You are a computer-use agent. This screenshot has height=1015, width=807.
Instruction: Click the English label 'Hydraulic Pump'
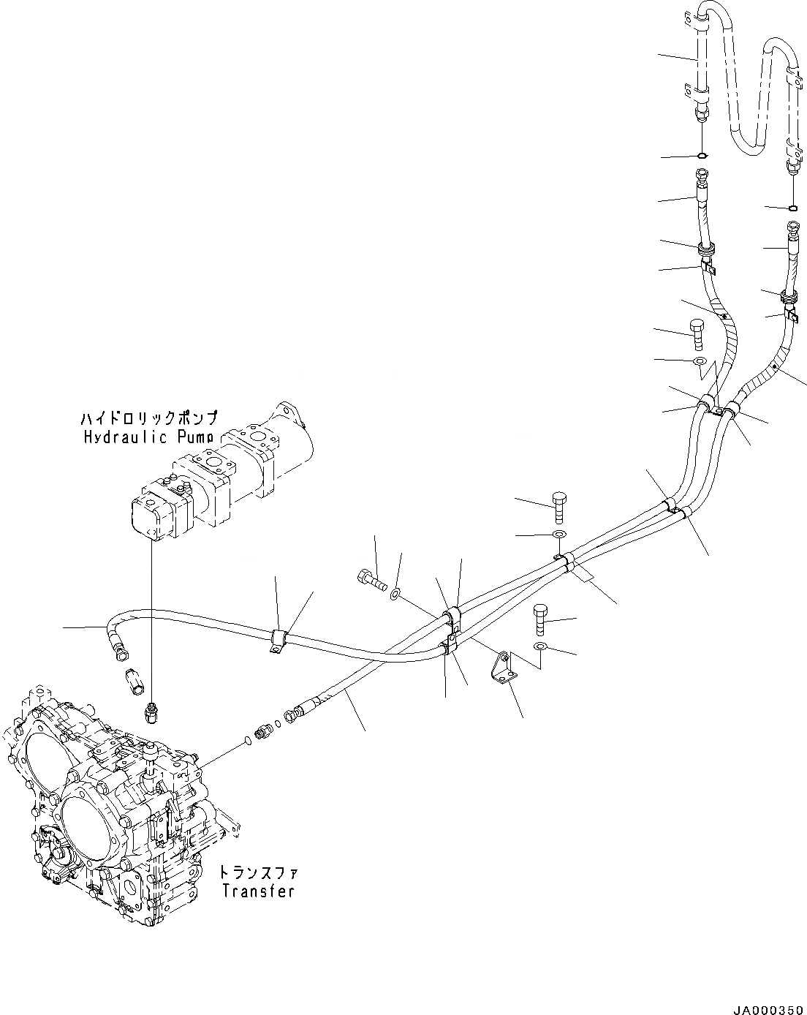[149, 437]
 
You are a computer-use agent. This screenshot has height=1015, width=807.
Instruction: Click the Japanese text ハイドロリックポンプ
[149, 419]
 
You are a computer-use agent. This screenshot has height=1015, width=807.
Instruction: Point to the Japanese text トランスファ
[258, 873]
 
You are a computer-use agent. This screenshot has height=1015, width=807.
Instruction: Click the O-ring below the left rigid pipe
[702, 155]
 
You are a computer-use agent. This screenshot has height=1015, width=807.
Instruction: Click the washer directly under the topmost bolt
[698, 361]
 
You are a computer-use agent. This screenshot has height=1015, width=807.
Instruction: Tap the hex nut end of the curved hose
[120, 646]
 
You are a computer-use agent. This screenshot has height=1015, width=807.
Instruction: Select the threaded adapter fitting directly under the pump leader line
[151, 712]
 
